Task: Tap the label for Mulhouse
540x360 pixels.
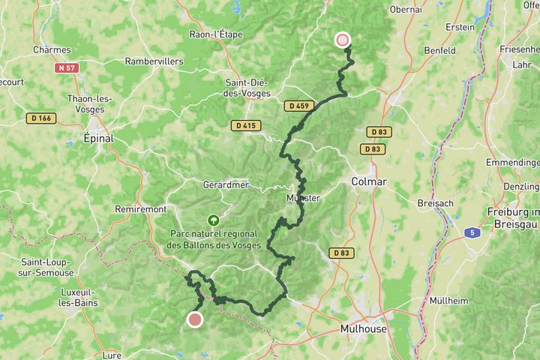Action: pyautogui.click(x=364, y=329)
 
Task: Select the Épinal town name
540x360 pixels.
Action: pyautogui.click(x=98, y=139)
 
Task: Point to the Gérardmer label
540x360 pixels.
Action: pyautogui.click(x=226, y=184)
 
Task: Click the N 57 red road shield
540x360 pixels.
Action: pyautogui.click(x=67, y=67)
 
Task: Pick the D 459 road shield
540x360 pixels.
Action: pyautogui.click(x=298, y=106)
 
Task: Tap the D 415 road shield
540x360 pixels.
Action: pyautogui.click(x=244, y=125)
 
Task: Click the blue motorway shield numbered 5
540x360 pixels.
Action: pyautogui.click(x=469, y=232)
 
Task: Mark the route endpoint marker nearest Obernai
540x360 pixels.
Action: pyautogui.click(x=343, y=40)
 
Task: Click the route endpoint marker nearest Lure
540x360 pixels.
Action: pyautogui.click(x=195, y=319)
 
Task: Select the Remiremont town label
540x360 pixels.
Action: pyautogui.click(x=140, y=209)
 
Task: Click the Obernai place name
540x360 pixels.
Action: pyautogui.click(x=408, y=10)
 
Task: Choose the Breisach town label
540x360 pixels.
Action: pyautogui.click(x=436, y=203)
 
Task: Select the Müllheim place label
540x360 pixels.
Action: pyautogui.click(x=448, y=301)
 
